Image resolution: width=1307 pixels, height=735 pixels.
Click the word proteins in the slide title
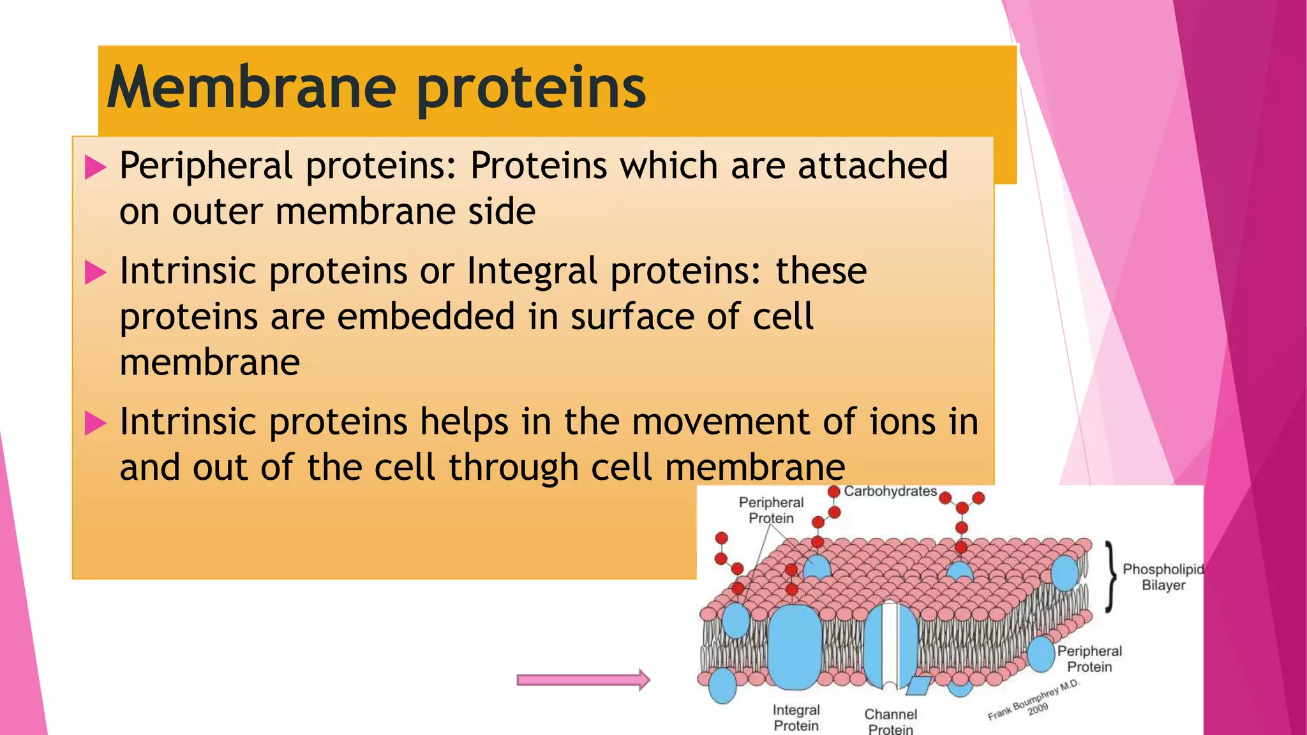point(531,89)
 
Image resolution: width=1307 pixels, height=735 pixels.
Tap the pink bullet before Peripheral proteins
point(95,168)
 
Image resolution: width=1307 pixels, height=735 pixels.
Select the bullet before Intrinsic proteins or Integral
point(95,273)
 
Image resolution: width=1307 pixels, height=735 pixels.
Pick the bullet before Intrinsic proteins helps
point(95,424)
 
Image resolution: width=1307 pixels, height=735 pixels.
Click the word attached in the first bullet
point(872,166)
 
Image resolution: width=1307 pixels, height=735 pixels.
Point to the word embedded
point(426,316)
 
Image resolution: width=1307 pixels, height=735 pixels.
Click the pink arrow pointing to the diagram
point(583,680)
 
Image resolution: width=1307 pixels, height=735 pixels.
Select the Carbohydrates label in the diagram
point(890,491)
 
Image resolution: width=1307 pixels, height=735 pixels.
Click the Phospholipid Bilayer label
point(1163,577)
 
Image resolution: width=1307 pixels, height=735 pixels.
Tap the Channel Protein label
point(890,722)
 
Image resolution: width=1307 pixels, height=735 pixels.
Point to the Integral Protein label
point(796,717)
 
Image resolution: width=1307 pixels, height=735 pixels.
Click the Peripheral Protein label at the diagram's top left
point(771,510)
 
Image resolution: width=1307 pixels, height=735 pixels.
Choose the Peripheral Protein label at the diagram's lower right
point(1089,658)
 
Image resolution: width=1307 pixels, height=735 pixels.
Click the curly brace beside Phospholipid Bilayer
point(1112,576)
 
